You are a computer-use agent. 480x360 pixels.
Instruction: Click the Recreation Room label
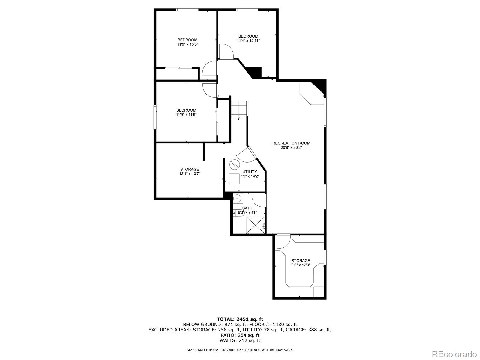(291, 143)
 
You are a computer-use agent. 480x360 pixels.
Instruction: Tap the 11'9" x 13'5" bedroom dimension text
(187, 44)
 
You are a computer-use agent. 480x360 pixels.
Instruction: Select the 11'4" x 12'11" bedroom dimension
(248, 40)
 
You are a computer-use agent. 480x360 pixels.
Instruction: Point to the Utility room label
(250, 172)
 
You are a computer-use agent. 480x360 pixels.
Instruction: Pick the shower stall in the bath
(255, 225)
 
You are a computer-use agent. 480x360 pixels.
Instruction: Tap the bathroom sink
(237, 198)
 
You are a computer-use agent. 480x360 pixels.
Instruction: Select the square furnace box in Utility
(234, 179)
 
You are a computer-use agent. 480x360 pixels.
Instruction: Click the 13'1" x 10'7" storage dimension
(189, 174)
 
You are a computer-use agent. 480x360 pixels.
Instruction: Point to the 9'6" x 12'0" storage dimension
(301, 265)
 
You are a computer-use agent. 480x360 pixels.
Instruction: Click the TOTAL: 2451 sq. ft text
(240, 319)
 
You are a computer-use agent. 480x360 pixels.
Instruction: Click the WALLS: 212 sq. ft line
(240, 340)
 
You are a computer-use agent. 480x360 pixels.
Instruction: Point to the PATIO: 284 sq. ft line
(240, 335)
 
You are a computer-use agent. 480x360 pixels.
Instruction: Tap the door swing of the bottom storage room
(283, 241)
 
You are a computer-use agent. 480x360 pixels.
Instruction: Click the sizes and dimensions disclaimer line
(240, 350)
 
